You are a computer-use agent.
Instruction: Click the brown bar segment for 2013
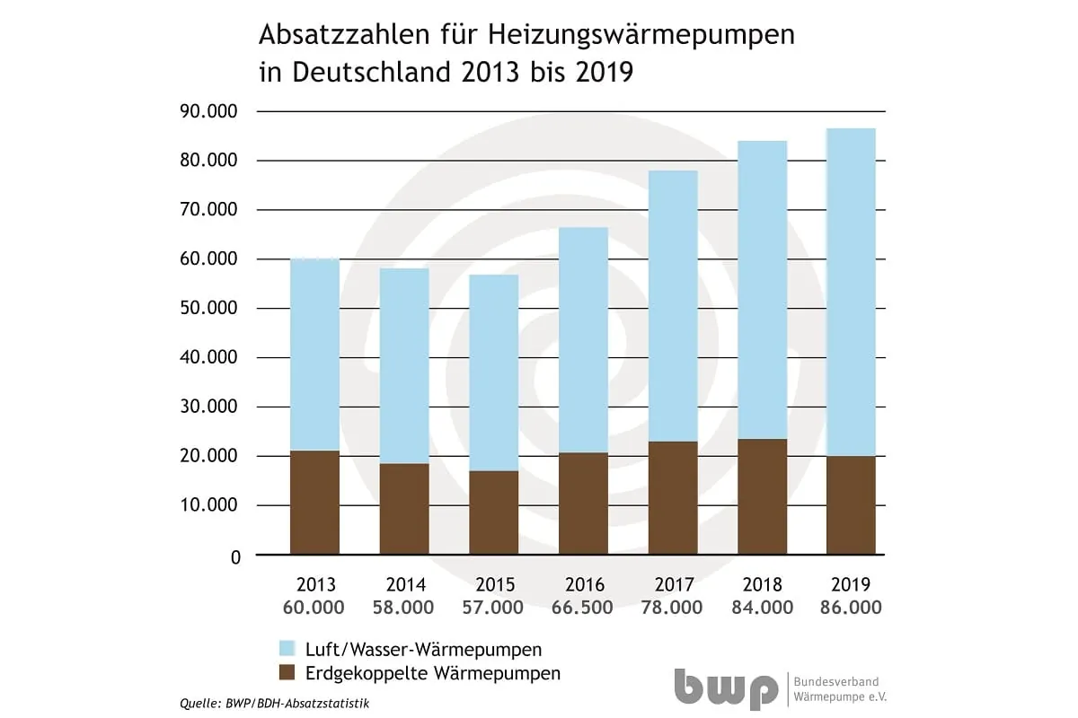coord(314,503)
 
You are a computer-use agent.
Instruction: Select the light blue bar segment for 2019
coord(851,292)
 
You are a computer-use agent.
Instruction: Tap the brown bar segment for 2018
coord(762,496)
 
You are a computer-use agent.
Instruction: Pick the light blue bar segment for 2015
coord(493,372)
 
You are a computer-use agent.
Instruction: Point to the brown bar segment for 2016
coord(583,503)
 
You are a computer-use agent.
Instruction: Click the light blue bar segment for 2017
coord(673,305)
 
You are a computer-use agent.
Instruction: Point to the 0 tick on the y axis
coord(235,556)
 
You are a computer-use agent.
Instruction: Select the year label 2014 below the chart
coord(403,585)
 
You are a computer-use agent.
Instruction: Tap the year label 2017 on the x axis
coord(673,585)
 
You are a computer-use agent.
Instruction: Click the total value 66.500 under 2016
coord(583,608)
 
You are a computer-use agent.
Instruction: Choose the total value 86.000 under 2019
coord(851,608)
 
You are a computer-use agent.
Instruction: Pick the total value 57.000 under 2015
coord(493,608)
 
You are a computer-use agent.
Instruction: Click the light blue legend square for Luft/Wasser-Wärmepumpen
coord(288,648)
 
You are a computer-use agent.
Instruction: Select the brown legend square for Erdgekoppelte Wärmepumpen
coord(288,672)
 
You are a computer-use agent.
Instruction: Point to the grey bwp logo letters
coord(727,688)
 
